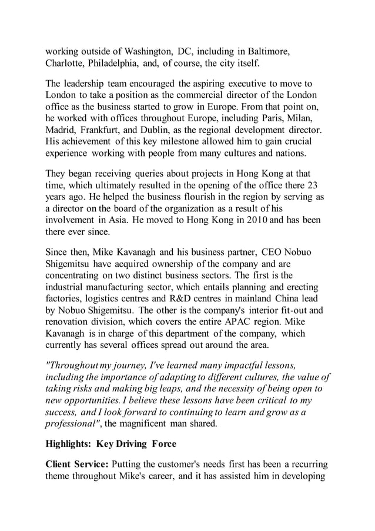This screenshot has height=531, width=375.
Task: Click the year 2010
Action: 237,220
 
